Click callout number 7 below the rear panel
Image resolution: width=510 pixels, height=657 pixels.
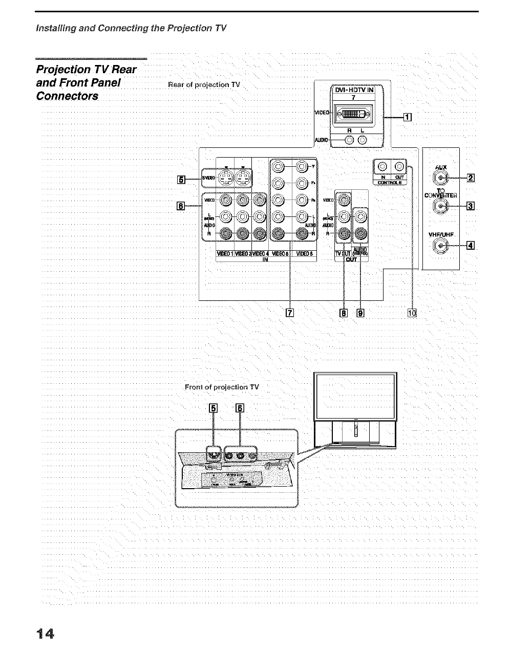pyautogui.click(x=290, y=313)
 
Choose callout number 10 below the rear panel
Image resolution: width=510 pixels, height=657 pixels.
pyautogui.click(x=412, y=313)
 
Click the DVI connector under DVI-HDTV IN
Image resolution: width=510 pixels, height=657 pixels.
pyautogui.click(x=353, y=115)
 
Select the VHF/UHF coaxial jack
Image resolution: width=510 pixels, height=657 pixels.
pyautogui.click(x=440, y=246)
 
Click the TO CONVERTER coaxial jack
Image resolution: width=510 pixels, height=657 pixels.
pyautogui.click(x=440, y=206)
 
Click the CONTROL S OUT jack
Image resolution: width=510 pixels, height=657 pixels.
pyautogui.click(x=399, y=166)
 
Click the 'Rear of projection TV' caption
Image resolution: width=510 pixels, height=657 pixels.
pyautogui.click(x=204, y=84)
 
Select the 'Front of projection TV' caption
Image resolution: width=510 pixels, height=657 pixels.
pyautogui.click(x=222, y=387)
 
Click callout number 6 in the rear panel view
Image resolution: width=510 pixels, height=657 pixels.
pyautogui.click(x=180, y=206)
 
